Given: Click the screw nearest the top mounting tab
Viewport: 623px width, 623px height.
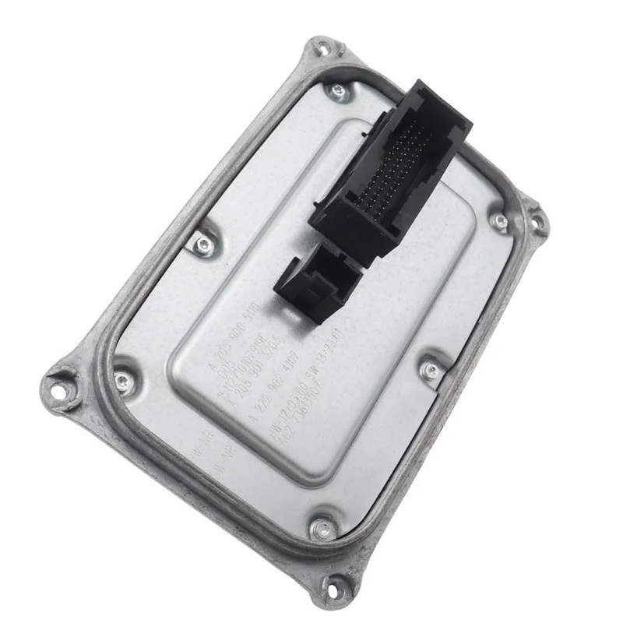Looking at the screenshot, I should click(337, 91).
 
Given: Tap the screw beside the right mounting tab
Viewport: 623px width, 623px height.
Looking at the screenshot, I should click(500, 220).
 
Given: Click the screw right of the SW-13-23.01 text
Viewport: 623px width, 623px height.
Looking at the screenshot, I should click(431, 369).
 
